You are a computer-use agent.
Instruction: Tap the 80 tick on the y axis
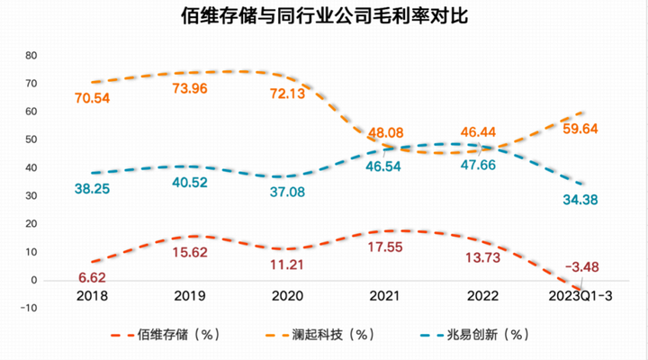coord(31,56)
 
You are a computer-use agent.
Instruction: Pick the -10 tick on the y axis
coord(28,309)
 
